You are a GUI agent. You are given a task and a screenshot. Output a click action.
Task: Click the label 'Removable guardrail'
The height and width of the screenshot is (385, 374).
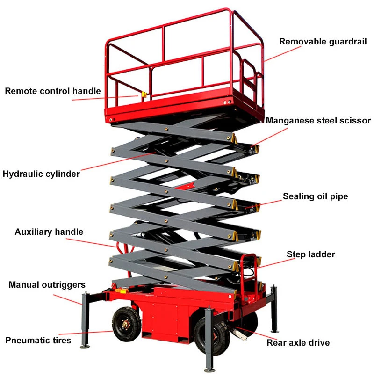coord(323,42)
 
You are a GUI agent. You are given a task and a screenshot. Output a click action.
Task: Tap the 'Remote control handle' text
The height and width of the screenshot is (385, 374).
coord(53,91)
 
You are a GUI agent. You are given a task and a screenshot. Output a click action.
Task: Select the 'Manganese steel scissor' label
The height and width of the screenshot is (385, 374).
coord(318,121)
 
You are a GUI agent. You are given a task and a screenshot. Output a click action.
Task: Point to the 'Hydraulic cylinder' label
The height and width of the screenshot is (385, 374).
coord(41,174)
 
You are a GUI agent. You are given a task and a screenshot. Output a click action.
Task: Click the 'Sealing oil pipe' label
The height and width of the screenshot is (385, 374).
coord(316,196)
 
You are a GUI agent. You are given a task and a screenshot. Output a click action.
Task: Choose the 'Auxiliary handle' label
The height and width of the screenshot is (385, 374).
coord(49,232)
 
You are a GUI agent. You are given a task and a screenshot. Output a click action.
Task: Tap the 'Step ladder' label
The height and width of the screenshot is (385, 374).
coord(311,254)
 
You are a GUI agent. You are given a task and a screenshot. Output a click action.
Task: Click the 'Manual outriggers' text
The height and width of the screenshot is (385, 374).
coord(47,285)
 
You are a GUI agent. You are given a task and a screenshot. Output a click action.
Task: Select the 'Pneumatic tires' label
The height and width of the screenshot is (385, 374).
coord(38,341)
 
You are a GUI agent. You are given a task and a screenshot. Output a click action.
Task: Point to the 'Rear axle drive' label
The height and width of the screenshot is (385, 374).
coord(298,343)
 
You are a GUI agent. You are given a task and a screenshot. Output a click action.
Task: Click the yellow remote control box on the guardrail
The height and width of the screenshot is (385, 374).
coord(144,94)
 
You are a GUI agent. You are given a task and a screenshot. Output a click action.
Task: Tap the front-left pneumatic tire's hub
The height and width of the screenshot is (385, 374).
coord(126,325)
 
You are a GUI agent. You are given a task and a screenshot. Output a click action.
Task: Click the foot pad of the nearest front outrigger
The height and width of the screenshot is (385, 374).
coord(210,370)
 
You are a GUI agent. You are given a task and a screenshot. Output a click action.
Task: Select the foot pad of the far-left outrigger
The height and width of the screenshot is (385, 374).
coord(85,346)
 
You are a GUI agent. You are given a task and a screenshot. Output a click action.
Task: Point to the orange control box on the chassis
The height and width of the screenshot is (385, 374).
coord(121,291)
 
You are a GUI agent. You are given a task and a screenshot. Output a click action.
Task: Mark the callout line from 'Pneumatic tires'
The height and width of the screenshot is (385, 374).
coord(86,333)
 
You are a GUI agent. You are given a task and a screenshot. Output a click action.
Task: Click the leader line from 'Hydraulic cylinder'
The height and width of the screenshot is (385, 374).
coord(118,161)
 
